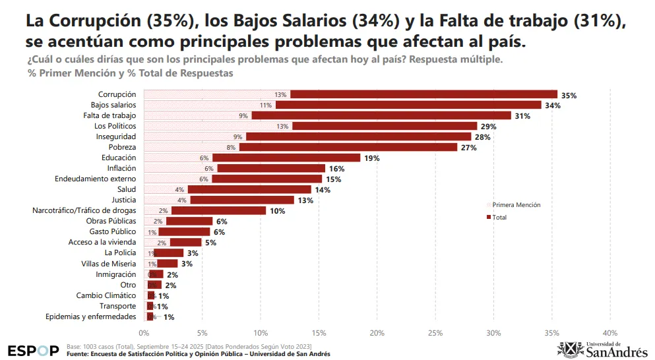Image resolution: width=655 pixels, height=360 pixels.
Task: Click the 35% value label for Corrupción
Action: coord(569,96)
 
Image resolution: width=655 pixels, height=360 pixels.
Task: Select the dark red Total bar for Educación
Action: coord(286,158)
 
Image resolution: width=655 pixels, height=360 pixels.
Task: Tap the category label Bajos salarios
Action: coord(113,105)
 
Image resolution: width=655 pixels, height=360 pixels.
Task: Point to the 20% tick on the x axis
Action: coord(377,332)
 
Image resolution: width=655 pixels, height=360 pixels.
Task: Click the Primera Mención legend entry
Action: coord(516,205)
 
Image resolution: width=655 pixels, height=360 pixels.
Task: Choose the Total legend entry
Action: coord(499,217)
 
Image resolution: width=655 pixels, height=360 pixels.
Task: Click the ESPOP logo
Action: coord(33,350)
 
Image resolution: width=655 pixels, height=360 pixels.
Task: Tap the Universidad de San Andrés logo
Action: coord(602,349)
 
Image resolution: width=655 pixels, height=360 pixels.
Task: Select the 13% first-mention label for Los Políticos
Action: coord(283,126)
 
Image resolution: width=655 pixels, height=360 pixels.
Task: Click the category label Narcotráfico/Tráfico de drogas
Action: coord(84,210)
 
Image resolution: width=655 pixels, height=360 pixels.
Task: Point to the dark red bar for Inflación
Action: coord(271,168)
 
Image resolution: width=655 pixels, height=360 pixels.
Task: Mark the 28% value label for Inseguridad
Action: coord(482,136)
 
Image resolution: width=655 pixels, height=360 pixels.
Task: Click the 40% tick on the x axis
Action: coord(610,332)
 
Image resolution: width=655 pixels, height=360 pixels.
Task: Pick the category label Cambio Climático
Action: coord(106,295)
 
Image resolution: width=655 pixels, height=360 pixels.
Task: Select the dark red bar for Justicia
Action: coord(242,200)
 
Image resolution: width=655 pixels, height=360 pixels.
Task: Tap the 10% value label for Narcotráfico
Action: coord(277,211)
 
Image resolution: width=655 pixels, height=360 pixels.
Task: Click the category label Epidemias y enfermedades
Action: coord(91,316)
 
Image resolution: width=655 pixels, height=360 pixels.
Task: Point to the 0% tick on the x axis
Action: coord(144,332)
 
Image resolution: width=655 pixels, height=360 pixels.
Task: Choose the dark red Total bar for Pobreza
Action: coord(348,147)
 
